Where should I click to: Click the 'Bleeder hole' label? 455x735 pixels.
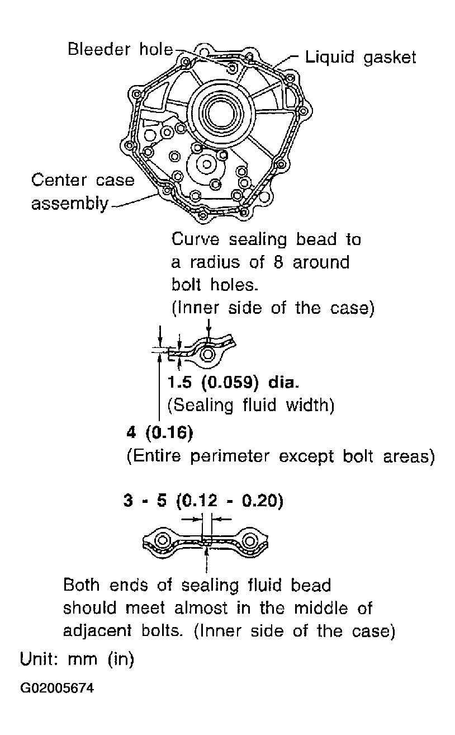pos(120,50)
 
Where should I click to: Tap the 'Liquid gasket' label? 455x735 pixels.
pos(361,58)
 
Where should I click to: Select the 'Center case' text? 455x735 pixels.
pos(83,180)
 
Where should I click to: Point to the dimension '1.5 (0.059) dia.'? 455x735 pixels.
pos(233,382)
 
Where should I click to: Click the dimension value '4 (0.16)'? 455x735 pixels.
pos(160,433)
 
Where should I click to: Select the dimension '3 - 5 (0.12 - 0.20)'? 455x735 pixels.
pos(203,501)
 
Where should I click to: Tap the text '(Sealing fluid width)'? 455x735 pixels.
pos(251,405)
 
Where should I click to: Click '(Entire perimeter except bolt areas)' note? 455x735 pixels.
pos(281,456)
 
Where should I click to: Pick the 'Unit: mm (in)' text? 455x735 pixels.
pos(77,659)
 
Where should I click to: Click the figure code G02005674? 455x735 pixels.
pos(57,688)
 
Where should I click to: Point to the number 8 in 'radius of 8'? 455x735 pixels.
pos(278,262)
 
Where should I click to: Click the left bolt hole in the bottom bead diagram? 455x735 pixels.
pos(162,540)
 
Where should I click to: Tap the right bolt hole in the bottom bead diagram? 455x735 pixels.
pos(250,540)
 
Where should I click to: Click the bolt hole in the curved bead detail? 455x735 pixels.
pos(207,355)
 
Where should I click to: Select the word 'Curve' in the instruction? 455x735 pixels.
pos(196,239)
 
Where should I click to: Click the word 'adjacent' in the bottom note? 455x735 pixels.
pos(97,630)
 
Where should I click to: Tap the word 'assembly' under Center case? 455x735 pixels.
pos(69,204)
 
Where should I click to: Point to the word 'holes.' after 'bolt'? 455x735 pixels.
pos(234,285)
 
